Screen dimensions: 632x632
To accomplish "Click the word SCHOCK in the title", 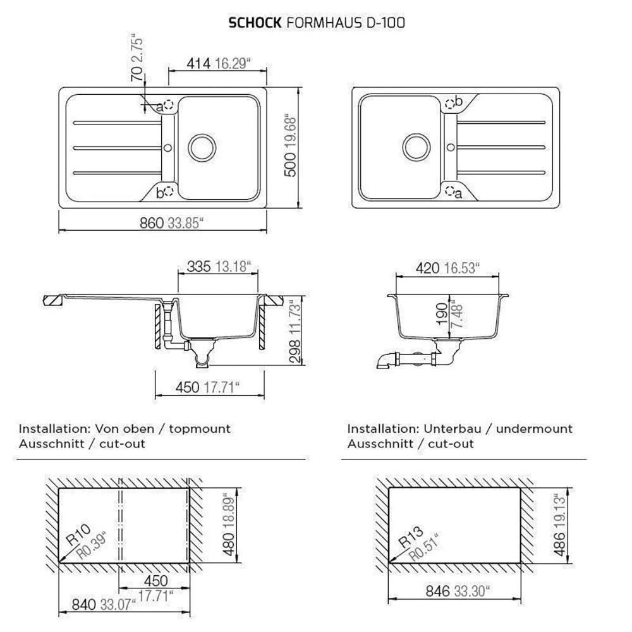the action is click(255, 23).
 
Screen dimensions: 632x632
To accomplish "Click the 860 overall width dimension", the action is click(152, 222).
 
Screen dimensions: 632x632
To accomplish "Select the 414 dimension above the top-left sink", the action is click(198, 63).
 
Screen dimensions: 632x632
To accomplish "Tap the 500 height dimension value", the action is click(290, 164).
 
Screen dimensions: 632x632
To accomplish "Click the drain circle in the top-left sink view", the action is click(202, 147).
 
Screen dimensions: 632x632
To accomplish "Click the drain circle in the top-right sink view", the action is click(416, 147).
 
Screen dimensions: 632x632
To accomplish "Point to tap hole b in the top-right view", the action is click(450, 104).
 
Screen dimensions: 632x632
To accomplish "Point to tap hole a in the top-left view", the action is click(169, 105).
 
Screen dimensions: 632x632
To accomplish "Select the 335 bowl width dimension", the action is click(198, 267).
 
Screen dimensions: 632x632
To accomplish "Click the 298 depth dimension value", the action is click(295, 351).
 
